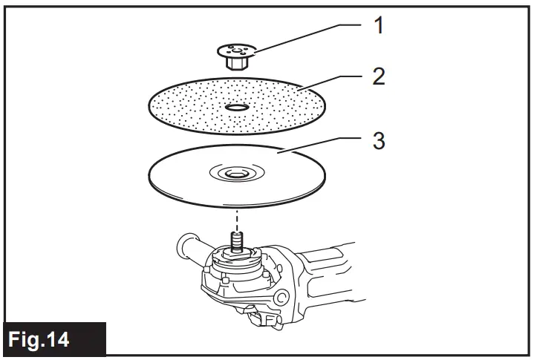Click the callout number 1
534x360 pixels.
pos(379,27)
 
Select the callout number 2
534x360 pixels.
pos(379,76)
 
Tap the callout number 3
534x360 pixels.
pos(379,141)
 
